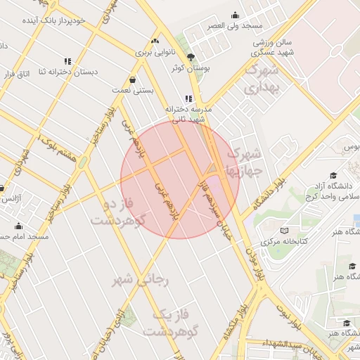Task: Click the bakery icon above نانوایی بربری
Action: pyautogui.click(x=154, y=41)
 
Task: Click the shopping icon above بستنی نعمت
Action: pyautogui.click(x=134, y=79)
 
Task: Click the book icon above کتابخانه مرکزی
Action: pyautogui.click(x=284, y=230)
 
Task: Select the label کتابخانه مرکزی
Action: pyautogui.click(x=281, y=241)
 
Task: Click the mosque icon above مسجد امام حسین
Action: pyautogui.click(x=18, y=226)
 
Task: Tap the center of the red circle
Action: pyautogui.click(x=180, y=179)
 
